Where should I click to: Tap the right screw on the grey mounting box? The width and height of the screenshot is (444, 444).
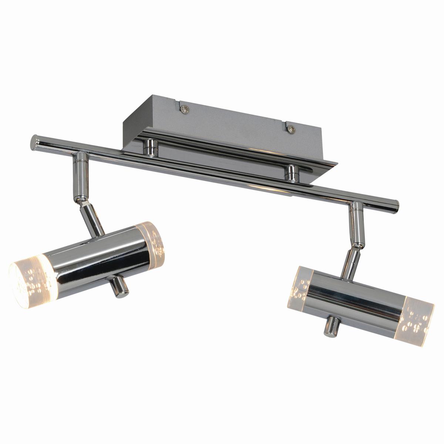[292, 129]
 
